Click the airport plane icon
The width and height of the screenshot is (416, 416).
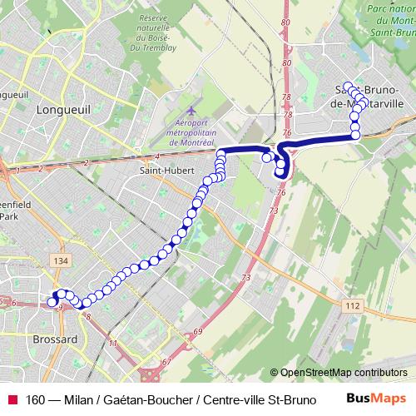click(x=192, y=111)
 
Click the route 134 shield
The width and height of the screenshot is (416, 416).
click(x=59, y=262)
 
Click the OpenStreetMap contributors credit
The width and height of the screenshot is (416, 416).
click(x=343, y=373)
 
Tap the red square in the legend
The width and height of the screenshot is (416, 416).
click(x=12, y=399)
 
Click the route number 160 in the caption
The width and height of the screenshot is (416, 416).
click(x=37, y=399)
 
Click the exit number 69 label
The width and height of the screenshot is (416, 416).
click(x=198, y=333)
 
